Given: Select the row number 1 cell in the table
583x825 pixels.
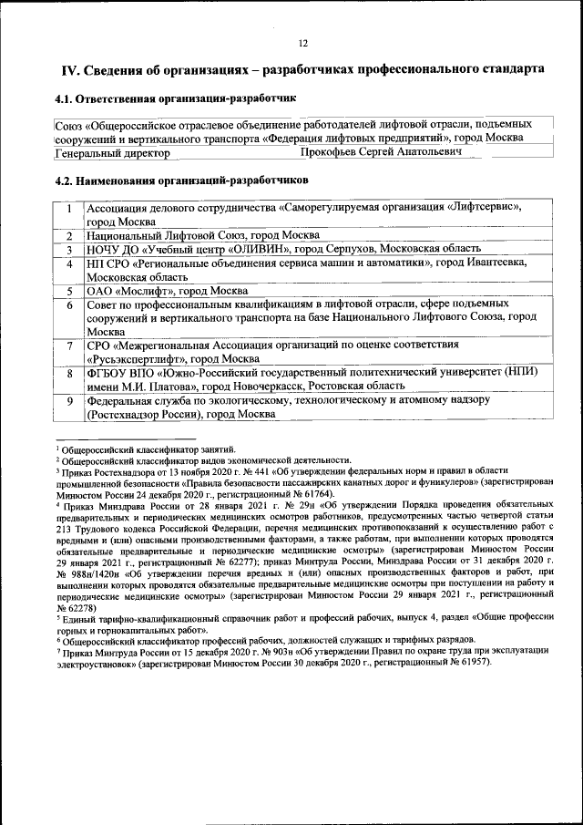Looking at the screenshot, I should (69, 207).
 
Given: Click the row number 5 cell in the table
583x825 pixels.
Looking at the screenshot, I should (69, 291).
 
